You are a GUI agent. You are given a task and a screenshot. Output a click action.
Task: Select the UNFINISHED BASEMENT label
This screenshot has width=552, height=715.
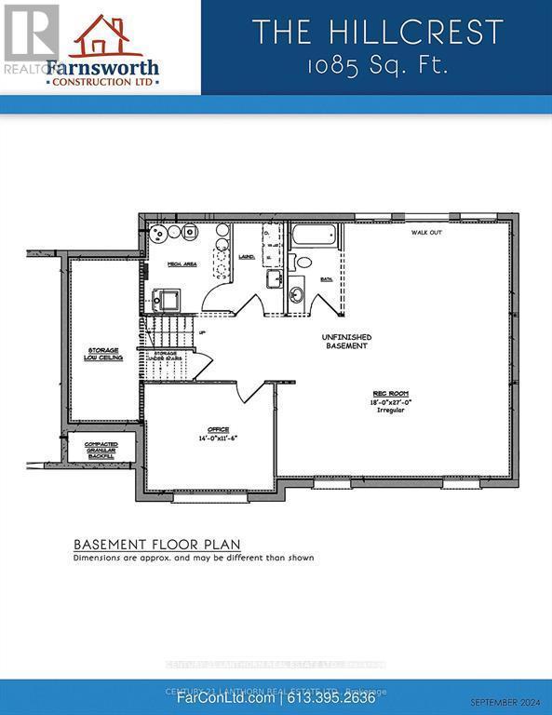346,341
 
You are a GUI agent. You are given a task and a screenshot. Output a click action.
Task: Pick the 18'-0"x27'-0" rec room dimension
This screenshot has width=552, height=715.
393,402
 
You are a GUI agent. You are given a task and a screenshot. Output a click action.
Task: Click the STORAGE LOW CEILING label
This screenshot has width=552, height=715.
105,353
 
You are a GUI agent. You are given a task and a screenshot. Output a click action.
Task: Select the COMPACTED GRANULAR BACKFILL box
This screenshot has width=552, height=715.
101,450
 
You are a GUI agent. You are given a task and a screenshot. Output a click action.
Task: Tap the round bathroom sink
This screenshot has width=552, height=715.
296,296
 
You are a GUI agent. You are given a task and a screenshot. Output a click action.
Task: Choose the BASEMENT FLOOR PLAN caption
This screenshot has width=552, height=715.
157,545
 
